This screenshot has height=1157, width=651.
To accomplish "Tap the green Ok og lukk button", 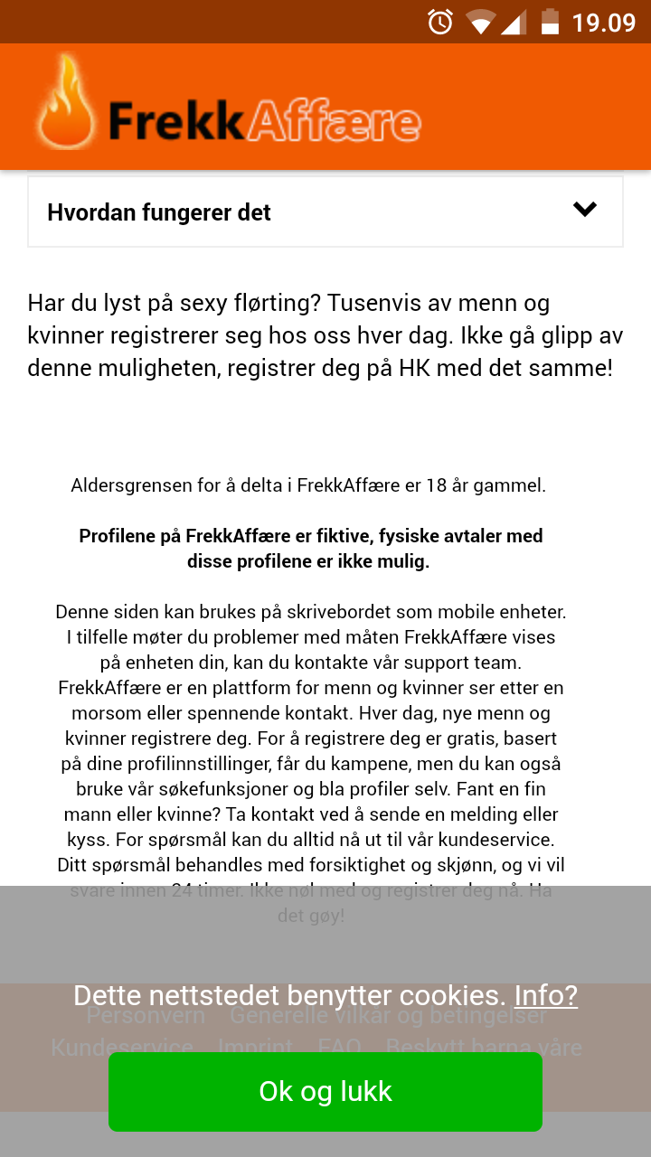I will pos(325,1091).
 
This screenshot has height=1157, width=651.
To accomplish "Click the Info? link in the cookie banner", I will pos(545,995).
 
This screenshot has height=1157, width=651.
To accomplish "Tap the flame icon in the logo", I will pos(66,105).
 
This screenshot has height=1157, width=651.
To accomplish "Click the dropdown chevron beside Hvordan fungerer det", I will pos(585,210).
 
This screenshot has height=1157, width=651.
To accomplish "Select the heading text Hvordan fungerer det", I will pos(159,212).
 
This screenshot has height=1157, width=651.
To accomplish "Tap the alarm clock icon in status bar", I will pos(440,22).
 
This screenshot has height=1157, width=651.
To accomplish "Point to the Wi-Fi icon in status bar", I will pos(480,22).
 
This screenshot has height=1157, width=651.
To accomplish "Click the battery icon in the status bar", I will pos(550,22).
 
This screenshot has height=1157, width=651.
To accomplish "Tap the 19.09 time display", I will pos(604,22).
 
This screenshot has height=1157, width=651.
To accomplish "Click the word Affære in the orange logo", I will pos(334,123).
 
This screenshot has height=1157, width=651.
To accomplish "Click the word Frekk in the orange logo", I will pos(177,123).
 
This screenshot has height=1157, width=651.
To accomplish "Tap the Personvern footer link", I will pos(146,1015).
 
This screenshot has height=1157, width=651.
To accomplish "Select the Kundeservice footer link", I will pos(122,1048).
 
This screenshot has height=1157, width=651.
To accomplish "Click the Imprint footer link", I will pos(255,1048).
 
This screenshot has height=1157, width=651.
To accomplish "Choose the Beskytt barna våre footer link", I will pos(484,1048).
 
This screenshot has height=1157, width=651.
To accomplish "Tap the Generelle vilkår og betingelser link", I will pos(389,1015).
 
